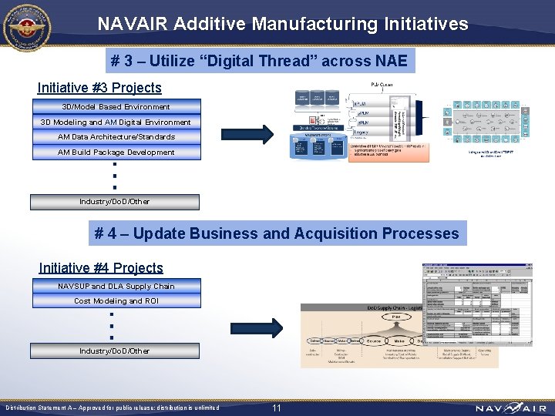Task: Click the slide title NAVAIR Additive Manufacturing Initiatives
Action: (282, 24)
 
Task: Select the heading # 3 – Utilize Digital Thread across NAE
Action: (259, 61)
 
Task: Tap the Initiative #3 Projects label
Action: (99, 88)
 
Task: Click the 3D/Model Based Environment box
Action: (116, 106)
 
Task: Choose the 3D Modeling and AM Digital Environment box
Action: (116, 122)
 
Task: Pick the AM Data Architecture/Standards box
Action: (116, 136)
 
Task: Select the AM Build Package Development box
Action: (116, 152)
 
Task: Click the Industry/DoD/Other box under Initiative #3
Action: (115, 202)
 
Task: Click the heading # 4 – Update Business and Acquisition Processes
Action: (277, 233)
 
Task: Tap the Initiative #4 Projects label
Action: (101, 268)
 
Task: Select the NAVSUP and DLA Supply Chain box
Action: (116, 286)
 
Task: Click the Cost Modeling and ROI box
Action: (116, 301)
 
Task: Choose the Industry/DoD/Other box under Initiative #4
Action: (115, 351)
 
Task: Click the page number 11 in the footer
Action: (277, 408)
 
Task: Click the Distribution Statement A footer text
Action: (113, 408)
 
